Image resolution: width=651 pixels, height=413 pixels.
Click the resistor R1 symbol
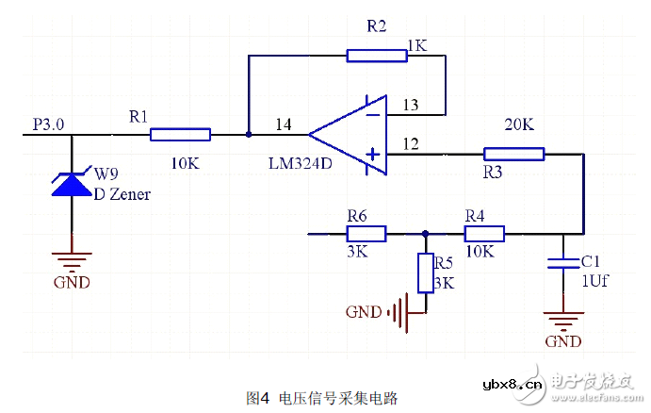179,135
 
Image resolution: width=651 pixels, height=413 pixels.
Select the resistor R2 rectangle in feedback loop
376,56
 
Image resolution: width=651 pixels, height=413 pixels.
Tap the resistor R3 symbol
513,155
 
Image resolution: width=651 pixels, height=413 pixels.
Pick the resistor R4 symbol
483,233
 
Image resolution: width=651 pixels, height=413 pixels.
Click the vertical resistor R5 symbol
425,273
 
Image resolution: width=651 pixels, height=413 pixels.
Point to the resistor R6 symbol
366,233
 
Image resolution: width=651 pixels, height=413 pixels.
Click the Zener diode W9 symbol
73,182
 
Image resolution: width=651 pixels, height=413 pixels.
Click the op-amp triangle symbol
353,134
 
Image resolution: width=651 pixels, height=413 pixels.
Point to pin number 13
409,105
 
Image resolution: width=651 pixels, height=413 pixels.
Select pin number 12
409,143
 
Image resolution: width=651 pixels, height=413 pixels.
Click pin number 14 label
284,124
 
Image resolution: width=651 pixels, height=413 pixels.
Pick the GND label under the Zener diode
72,282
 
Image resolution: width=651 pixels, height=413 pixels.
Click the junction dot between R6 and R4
425,233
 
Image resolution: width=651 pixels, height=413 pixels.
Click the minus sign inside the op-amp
373,115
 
